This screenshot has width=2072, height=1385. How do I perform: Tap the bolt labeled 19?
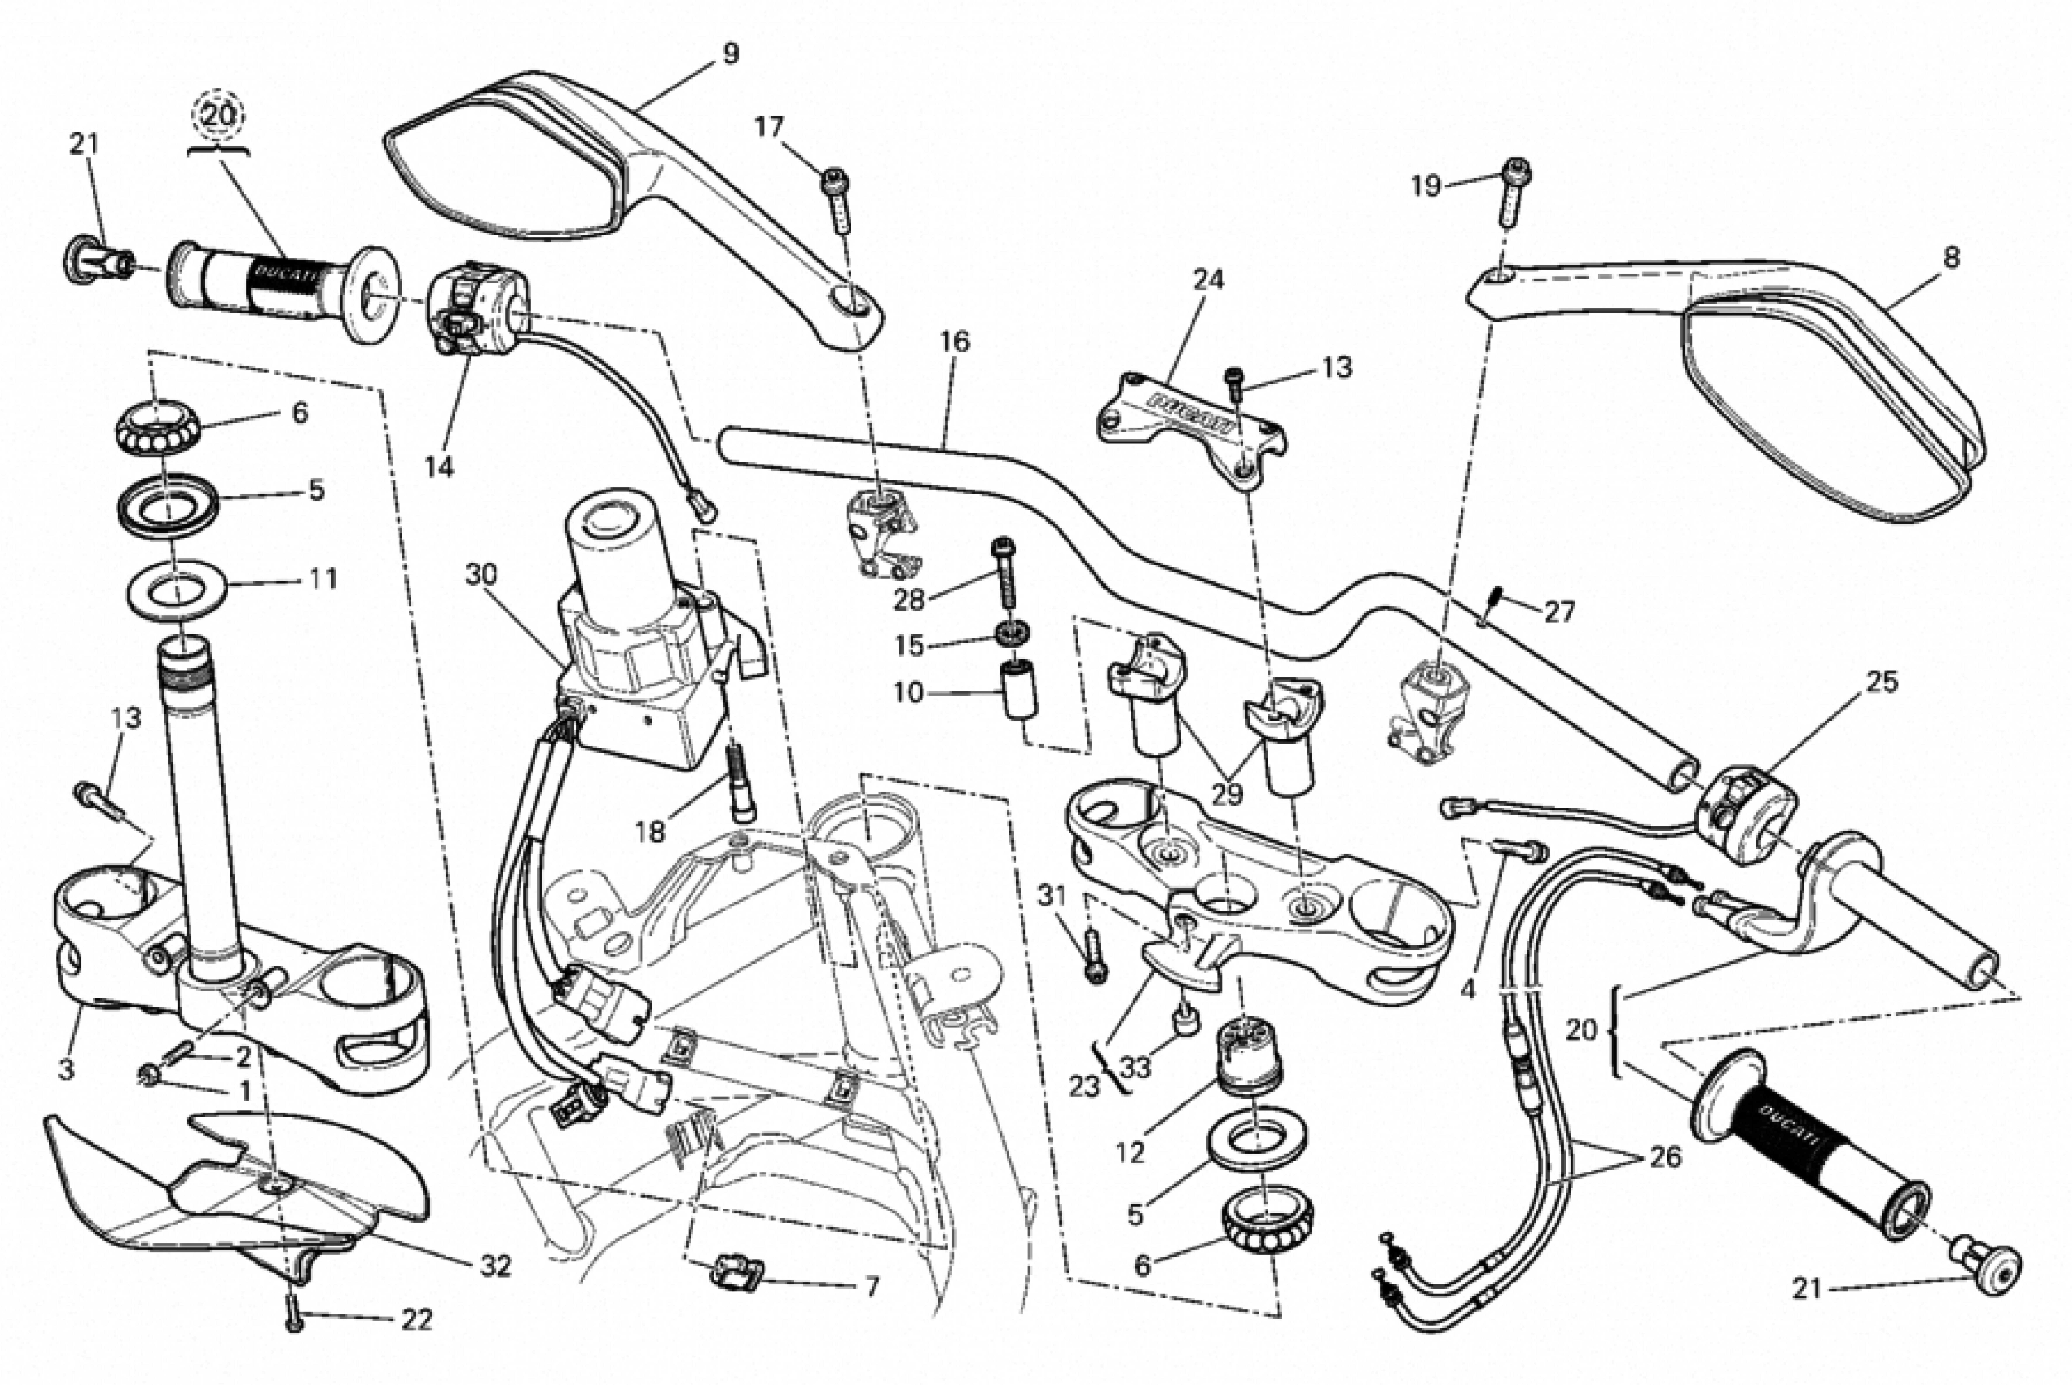click(x=1515, y=190)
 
